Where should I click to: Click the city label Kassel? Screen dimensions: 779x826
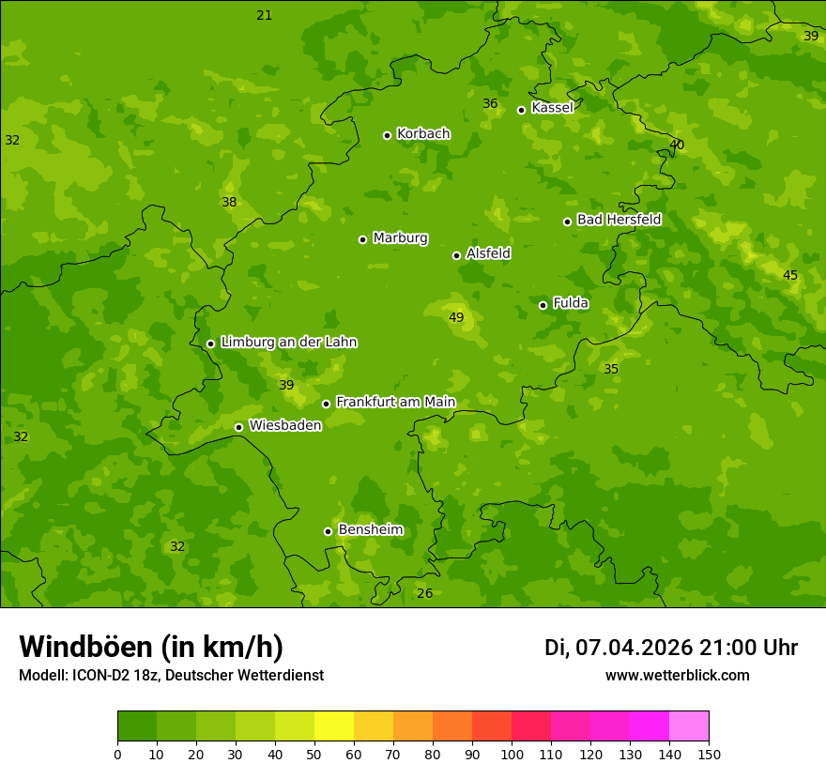click(x=552, y=108)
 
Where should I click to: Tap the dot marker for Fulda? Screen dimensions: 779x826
click(x=543, y=305)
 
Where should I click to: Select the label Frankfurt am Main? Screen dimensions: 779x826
click(x=395, y=402)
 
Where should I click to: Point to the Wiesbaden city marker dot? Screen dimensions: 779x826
click(x=238, y=427)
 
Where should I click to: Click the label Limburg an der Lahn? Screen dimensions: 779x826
click(x=288, y=343)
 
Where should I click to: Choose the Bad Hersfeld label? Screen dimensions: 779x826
click(x=619, y=220)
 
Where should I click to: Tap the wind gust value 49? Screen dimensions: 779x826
click(x=456, y=318)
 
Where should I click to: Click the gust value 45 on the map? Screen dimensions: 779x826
click(x=790, y=275)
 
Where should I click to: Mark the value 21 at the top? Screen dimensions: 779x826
click(x=265, y=15)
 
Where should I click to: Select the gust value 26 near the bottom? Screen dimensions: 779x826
click(x=425, y=593)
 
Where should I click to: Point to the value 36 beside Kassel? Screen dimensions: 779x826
click(x=490, y=103)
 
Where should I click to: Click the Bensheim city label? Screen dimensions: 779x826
click(x=370, y=529)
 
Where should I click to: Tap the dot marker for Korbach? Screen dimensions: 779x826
click(x=387, y=135)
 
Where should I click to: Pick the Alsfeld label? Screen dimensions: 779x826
click(x=488, y=253)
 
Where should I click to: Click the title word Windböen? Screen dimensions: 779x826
click(x=84, y=647)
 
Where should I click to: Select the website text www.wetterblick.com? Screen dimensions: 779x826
click(x=678, y=675)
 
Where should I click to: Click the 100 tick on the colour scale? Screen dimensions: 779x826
click(x=512, y=753)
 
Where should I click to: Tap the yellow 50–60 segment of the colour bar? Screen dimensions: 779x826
click(x=334, y=726)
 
